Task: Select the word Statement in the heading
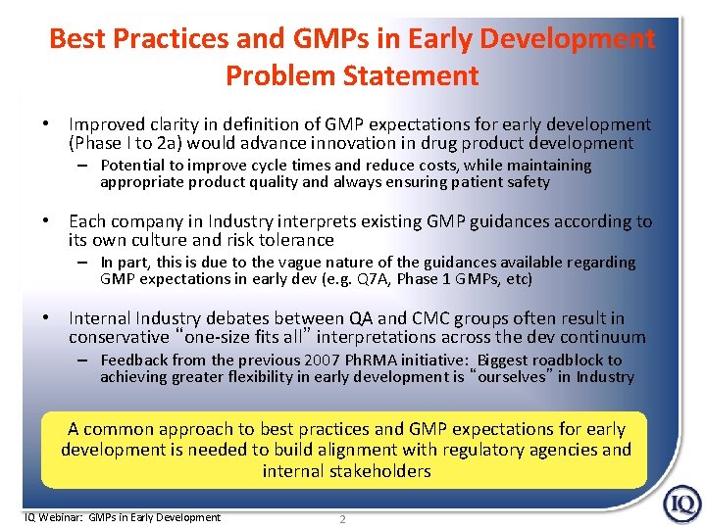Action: pos(417,75)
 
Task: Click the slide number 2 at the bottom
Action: pos(342,519)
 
